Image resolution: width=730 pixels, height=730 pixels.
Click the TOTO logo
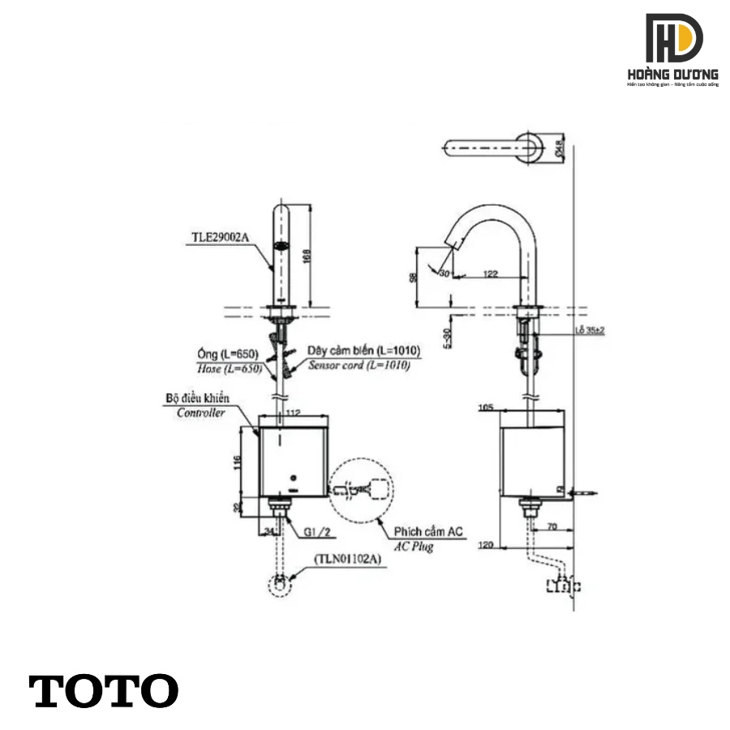[104, 690]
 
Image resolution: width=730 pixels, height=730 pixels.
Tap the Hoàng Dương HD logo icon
[674, 40]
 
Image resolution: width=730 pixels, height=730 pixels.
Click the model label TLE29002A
[221, 237]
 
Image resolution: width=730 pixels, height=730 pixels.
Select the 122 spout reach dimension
[491, 274]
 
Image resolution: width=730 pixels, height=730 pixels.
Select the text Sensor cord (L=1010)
[359, 366]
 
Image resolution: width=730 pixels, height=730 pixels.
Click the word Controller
[201, 412]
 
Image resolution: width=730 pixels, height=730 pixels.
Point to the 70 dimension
[552, 526]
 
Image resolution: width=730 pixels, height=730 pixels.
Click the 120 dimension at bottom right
[486, 546]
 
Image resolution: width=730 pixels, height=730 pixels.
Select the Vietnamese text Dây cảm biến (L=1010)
[363, 350]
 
